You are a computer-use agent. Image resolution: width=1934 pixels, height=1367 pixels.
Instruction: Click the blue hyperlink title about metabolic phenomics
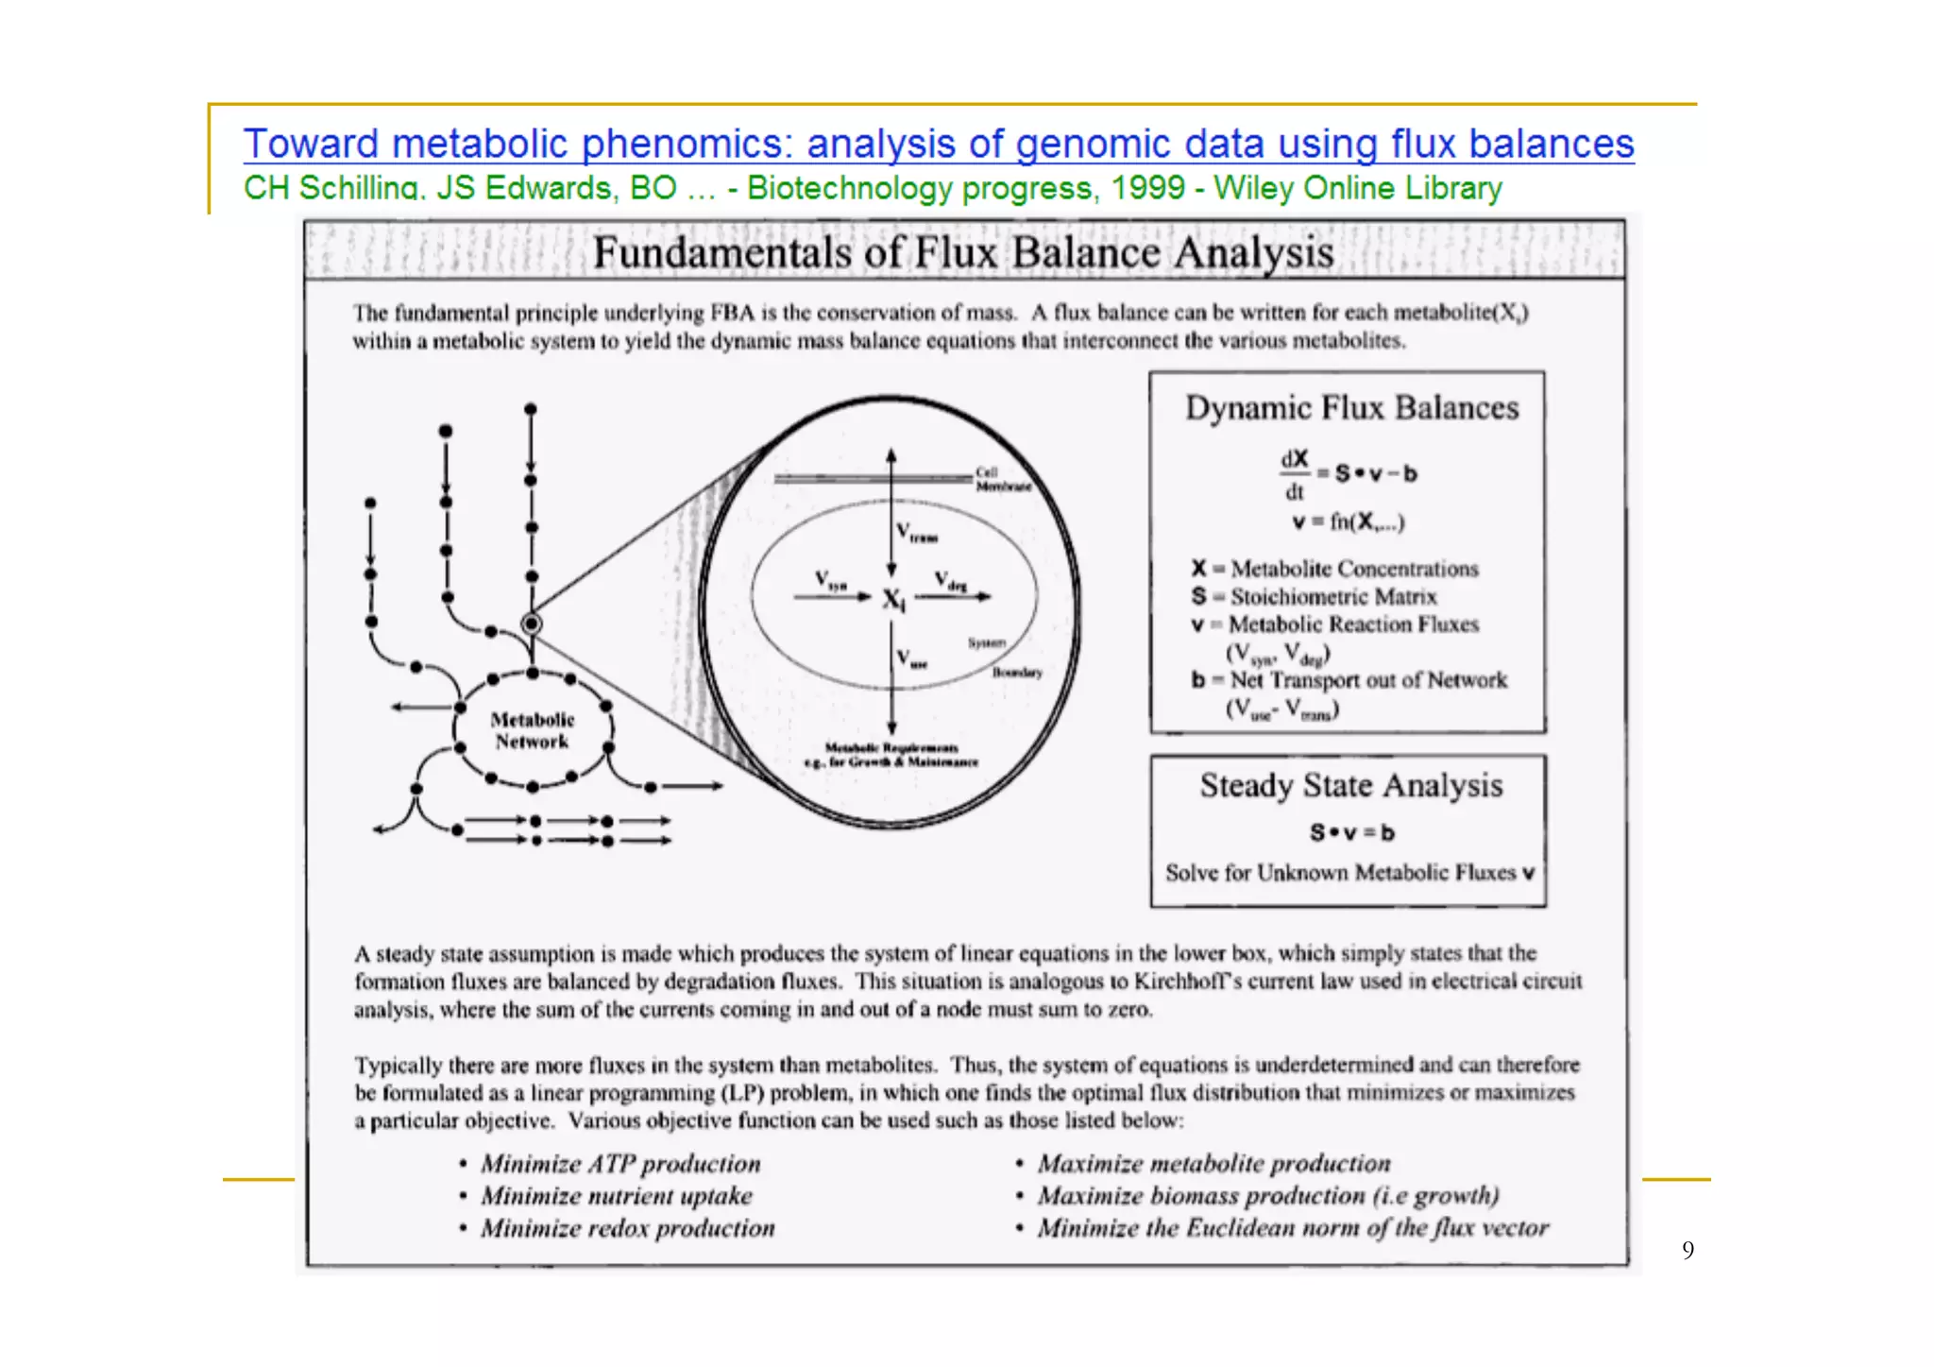pyautogui.click(x=938, y=145)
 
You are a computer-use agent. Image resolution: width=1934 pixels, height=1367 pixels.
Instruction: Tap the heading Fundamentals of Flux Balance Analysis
pyautogui.click(x=963, y=253)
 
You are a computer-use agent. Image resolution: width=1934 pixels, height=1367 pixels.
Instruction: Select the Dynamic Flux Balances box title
pyautogui.click(x=1351, y=408)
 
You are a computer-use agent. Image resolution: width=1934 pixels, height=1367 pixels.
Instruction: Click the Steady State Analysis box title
pyautogui.click(x=1350, y=785)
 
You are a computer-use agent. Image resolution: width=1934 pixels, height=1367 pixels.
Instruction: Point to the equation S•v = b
pyautogui.click(x=1351, y=832)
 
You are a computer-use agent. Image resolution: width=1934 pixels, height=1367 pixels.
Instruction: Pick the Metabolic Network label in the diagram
pyautogui.click(x=532, y=730)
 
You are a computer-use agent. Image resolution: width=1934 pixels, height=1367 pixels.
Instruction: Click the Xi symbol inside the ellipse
pyautogui.click(x=893, y=599)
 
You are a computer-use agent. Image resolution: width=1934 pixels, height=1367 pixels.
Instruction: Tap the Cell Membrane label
pyautogui.click(x=1001, y=479)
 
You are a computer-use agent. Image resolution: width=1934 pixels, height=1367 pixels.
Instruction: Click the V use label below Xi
pyautogui.click(x=911, y=658)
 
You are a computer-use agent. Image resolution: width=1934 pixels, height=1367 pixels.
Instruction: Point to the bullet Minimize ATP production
pyautogui.click(x=619, y=1164)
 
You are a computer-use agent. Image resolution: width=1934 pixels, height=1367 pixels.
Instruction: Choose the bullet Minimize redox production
pyautogui.click(x=627, y=1228)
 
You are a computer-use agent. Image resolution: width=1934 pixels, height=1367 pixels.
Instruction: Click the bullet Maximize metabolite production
pyautogui.click(x=1213, y=1164)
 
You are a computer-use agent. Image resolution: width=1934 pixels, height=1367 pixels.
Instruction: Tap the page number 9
pyautogui.click(x=1688, y=1251)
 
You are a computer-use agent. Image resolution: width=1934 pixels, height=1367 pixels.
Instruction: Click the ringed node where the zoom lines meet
pyautogui.click(x=532, y=624)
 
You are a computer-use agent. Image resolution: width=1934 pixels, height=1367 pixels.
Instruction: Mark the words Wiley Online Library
pyautogui.click(x=1357, y=188)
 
